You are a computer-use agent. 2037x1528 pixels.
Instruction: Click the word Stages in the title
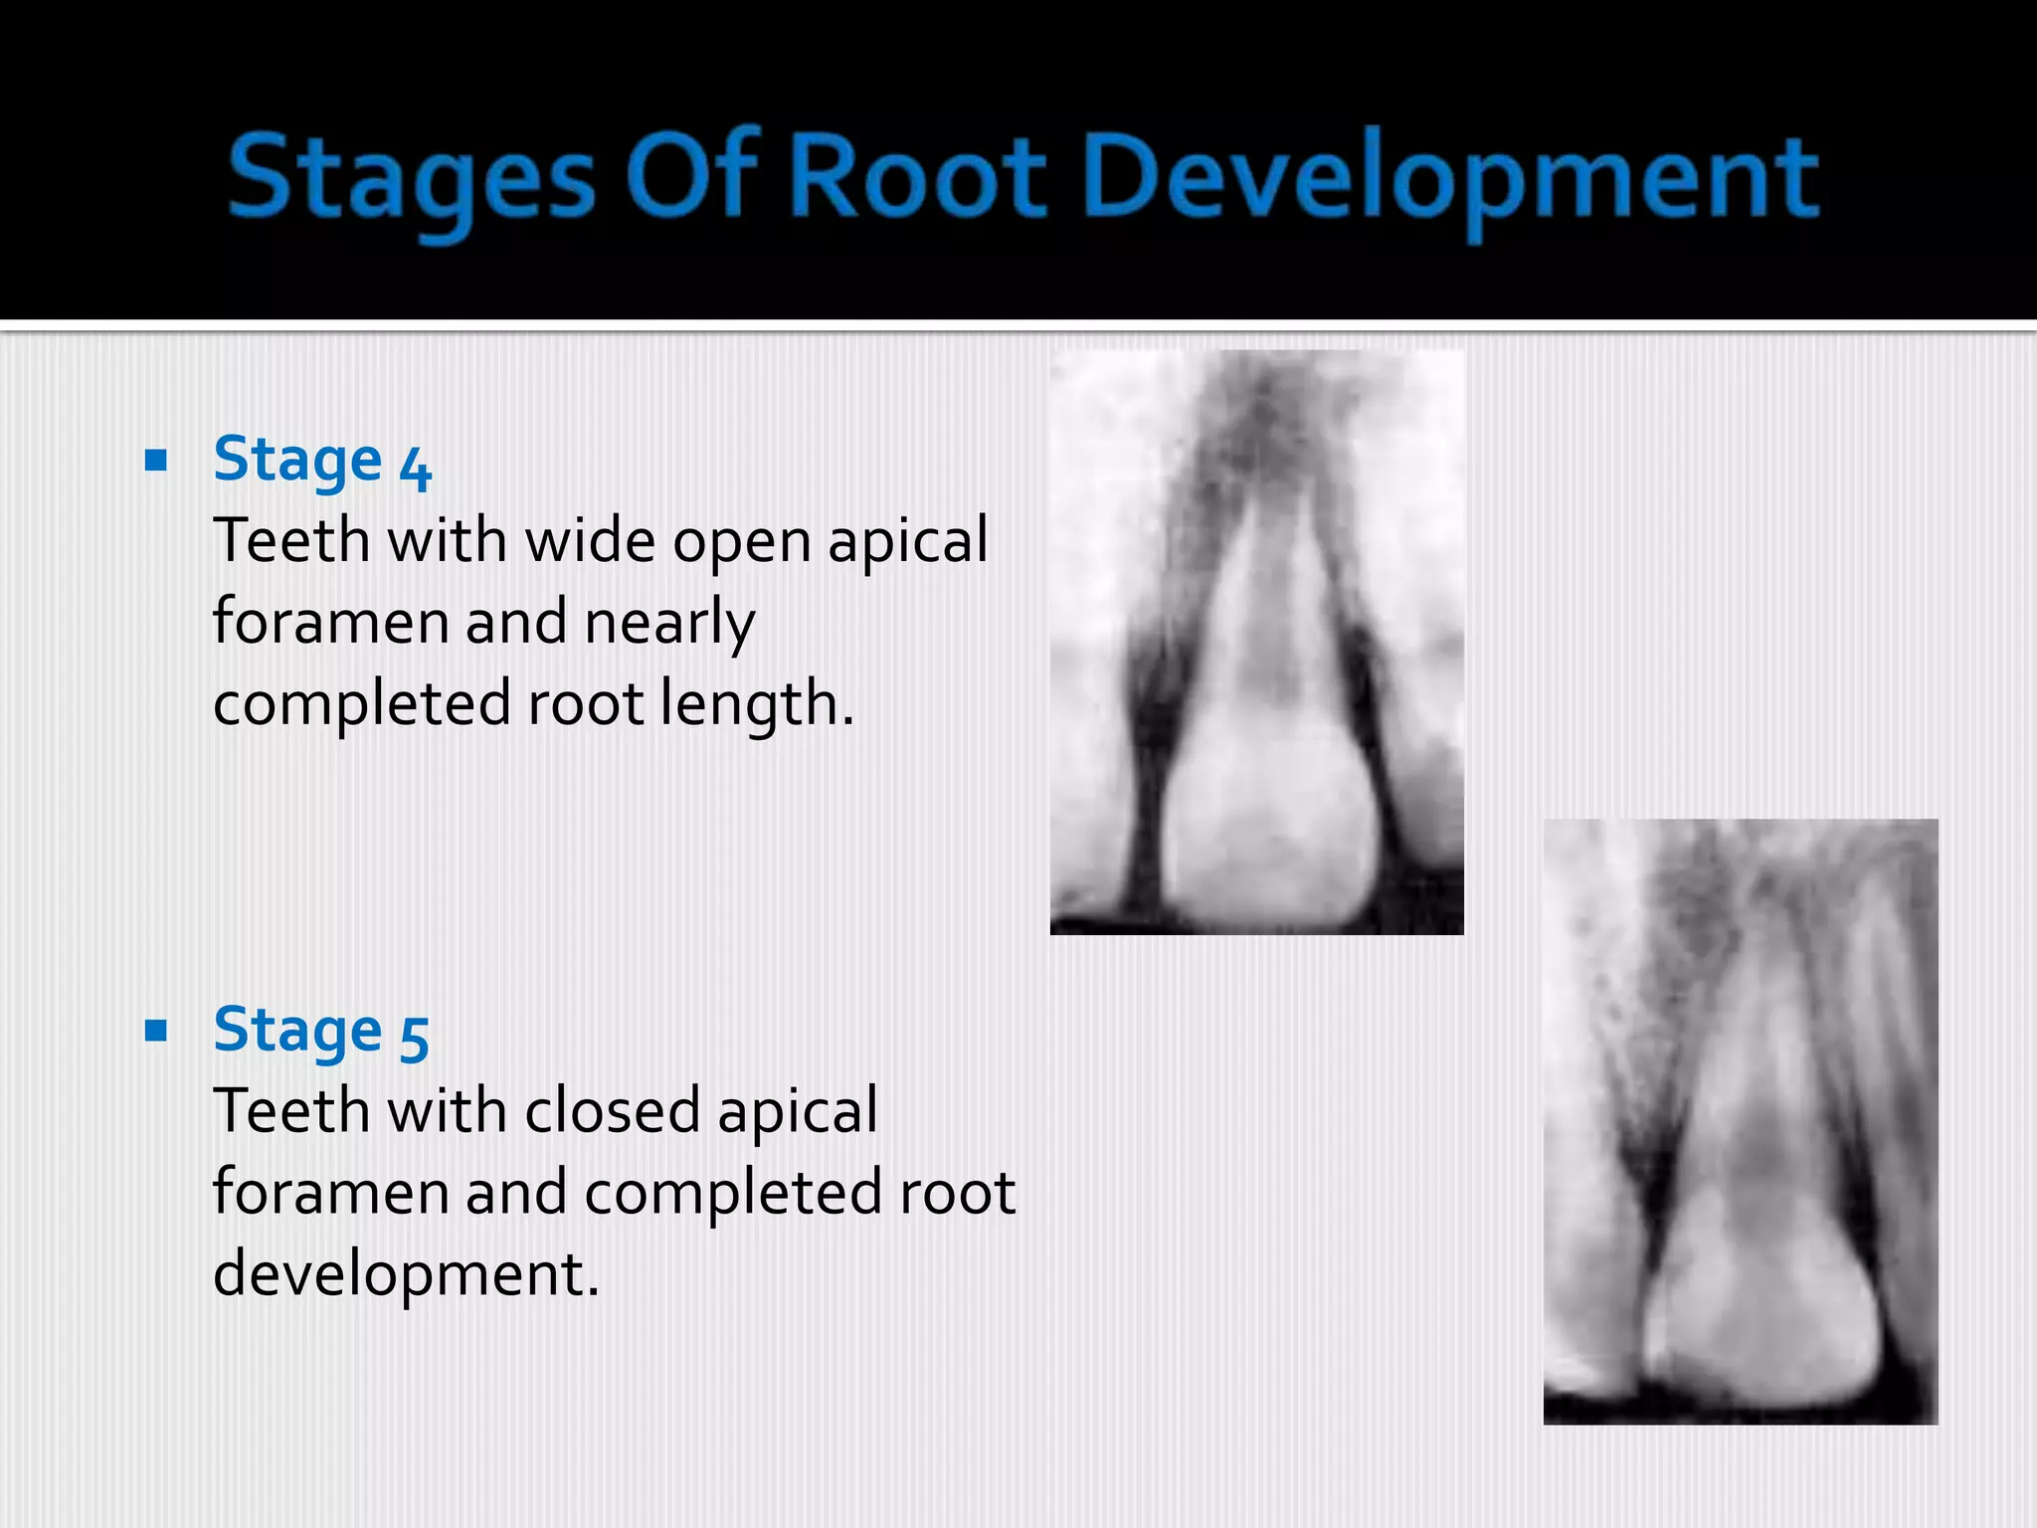click(411, 179)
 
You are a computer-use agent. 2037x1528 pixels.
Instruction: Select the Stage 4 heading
click(321, 462)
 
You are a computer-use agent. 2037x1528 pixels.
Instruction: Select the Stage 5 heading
click(320, 1031)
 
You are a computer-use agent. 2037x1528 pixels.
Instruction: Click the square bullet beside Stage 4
click(156, 461)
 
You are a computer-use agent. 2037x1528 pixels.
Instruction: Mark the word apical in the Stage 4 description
click(907, 543)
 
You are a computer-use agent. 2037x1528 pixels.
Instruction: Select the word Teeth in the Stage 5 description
click(290, 1111)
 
